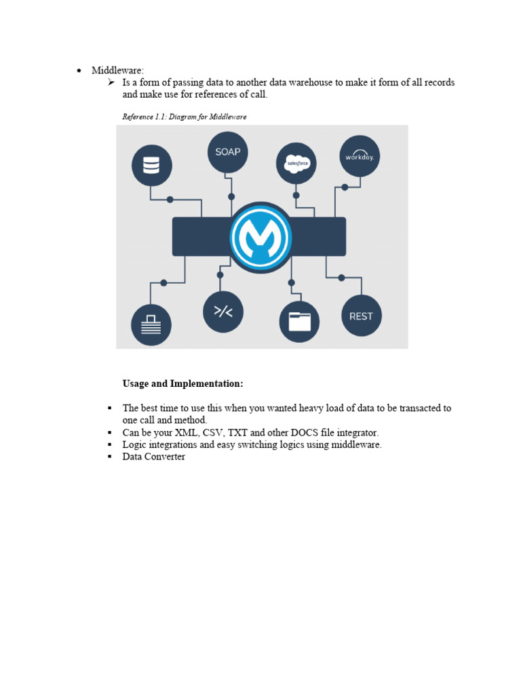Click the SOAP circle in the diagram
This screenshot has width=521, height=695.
tap(227, 152)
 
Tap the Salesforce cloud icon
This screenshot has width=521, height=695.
tap(296, 164)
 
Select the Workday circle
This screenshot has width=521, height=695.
tap(360, 157)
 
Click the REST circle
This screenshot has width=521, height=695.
tap(361, 316)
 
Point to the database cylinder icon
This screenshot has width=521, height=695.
tap(151, 165)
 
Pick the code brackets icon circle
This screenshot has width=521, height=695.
tap(223, 312)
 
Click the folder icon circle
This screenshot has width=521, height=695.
tap(299, 321)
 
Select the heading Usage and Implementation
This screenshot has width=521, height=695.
tap(182, 384)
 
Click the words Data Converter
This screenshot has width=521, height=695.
tap(153, 457)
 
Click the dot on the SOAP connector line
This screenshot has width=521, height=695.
tap(231, 196)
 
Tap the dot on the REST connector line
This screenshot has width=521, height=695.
tap(341, 278)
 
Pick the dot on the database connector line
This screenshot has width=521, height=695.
tap(170, 200)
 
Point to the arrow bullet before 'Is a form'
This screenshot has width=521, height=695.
tap(112, 83)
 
